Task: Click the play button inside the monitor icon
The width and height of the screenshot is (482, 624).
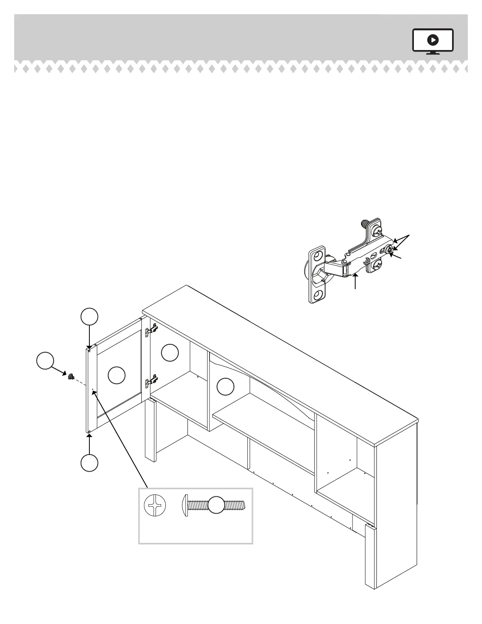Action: tap(433, 40)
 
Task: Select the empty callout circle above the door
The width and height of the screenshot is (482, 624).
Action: tap(89, 317)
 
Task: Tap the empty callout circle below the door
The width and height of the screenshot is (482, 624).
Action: tap(89, 463)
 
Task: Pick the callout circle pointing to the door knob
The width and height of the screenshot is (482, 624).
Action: tap(45, 360)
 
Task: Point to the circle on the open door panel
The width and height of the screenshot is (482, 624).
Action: tap(117, 375)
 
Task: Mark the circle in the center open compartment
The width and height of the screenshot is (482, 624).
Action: tap(226, 386)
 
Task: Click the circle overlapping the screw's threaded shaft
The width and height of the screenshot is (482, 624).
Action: tap(216, 505)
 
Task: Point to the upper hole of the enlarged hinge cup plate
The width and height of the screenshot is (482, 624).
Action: tap(318, 256)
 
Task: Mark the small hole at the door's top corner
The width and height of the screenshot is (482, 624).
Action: tap(90, 350)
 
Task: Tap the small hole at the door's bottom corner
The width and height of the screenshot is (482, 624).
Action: tap(89, 432)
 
